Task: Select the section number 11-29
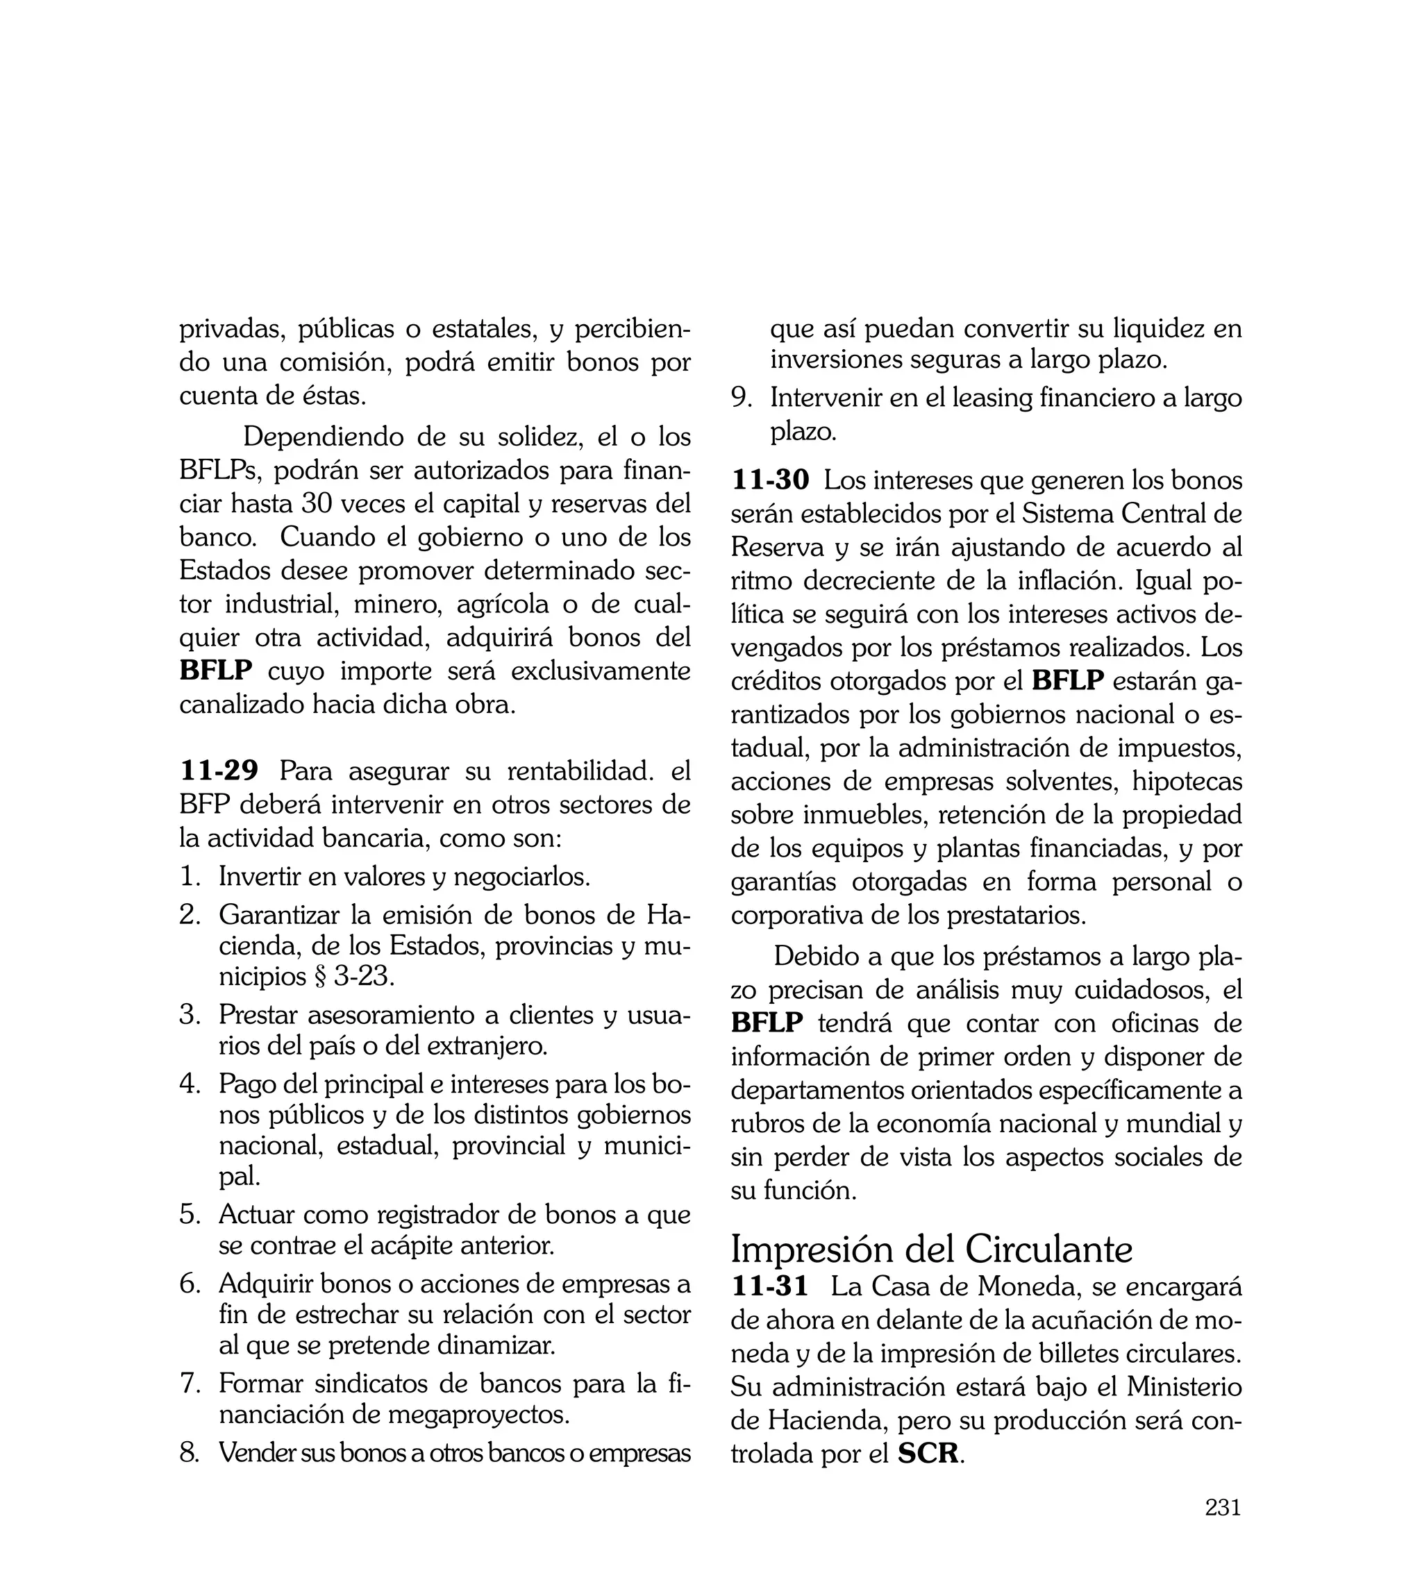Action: click(x=219, y=771)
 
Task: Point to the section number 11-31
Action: click(x=769, y=1286)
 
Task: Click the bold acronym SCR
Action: click(x=928, y=1454)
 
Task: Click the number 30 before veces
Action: click(x=317, y=505)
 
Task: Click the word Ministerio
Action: click(x=1184, y=1387)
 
